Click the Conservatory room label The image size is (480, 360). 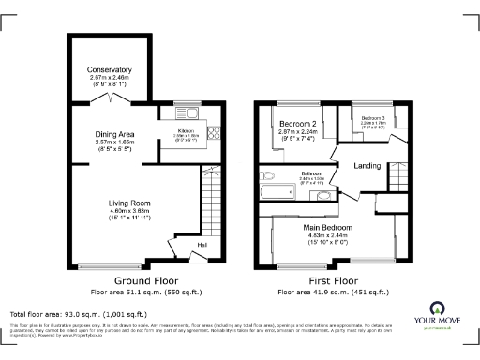tap(109, 70)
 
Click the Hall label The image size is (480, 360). tap(201, 246)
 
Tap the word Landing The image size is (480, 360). tap(366, 167)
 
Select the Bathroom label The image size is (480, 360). tap(312, 173)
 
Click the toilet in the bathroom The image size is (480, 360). tap(266, 174)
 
